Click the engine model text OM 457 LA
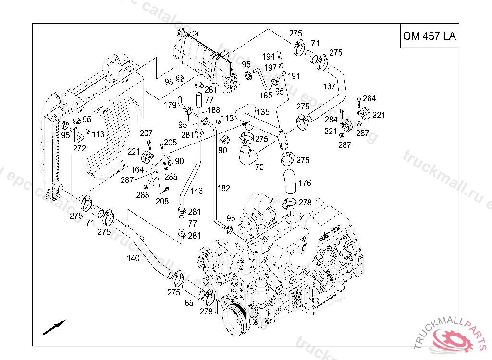coord(429,36)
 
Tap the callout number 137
coord(330,86)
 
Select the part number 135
coord(263,112)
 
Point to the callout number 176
coord(305,183)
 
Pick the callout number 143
coord(197,191)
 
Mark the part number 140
coord(133,258)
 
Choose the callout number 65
coord(189,303)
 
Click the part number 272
coord(79,148)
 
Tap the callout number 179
coord(171,105)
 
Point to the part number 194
coord(269,57)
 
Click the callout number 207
coord(146,133)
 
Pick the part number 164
coord(138,169)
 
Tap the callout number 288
coord(143,195)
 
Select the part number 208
coord(162,201)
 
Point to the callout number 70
coord(259,168)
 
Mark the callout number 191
coord(294,76)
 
